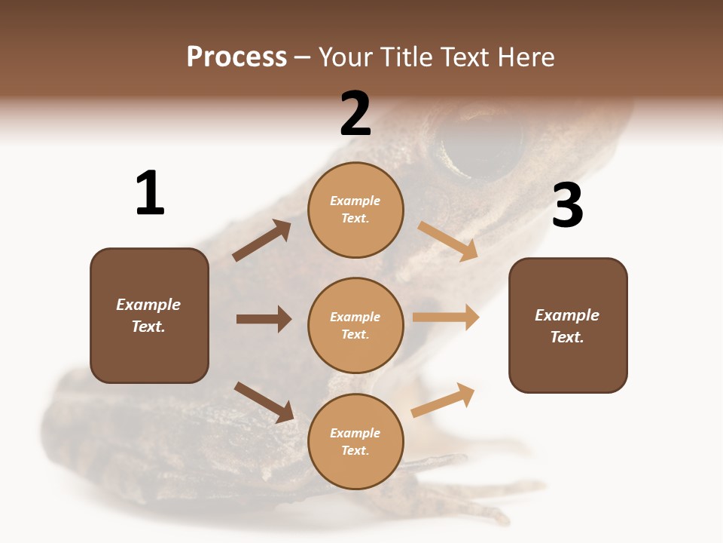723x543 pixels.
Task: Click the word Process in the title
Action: tap(236, 57)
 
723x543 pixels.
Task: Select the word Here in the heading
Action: tap(525, 57)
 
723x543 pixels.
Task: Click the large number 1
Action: tap(150, 193)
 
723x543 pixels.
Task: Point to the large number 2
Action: tap(355, 114)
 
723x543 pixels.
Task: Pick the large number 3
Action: tap(567, 205)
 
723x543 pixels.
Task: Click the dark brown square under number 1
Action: tap(149, 315)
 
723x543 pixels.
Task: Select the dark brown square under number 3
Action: tap(568, 325)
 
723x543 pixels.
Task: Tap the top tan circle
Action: tap(355, 210)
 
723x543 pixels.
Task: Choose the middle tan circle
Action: tap(355, 325)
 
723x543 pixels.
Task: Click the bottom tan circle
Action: tap(355, 441)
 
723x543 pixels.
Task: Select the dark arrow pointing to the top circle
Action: tap(262, 241)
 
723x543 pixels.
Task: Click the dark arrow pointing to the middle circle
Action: tap(264, 319)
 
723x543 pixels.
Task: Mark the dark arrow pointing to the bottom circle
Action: tap(264, 402)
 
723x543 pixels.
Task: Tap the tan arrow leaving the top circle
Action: tap(447, 241)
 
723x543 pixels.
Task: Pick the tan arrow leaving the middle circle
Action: tap(446, 318)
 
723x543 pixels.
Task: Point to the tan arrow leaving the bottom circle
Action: tap(443, 400)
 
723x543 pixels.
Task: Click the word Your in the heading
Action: tap(349, 57)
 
